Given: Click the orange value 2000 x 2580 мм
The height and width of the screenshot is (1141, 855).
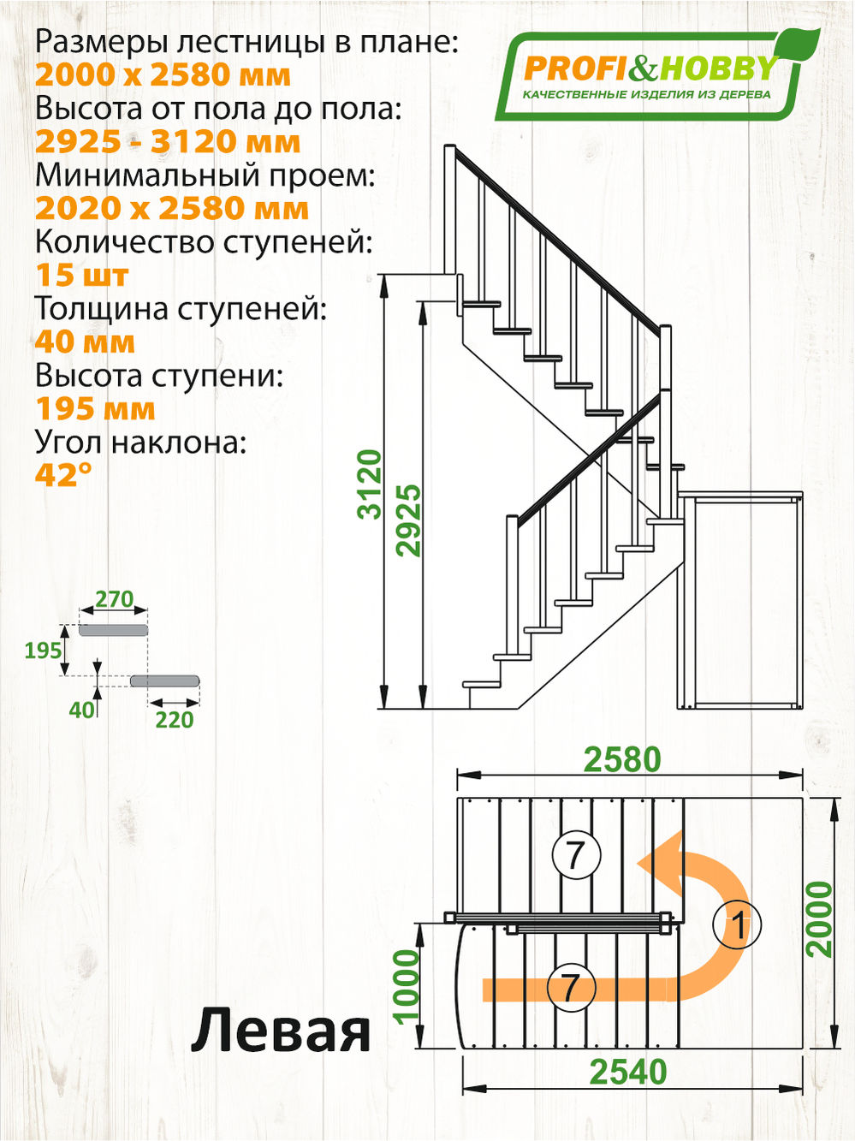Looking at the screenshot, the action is tap(163, 75).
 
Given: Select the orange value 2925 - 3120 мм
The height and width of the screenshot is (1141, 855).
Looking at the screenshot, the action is tap(168, 142).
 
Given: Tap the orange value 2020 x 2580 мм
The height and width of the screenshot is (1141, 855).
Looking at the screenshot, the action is tap(171, 209).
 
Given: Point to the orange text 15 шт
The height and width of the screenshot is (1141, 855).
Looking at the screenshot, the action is tap(81, 276).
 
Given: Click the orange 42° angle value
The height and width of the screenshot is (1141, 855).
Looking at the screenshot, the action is tap(63, 474).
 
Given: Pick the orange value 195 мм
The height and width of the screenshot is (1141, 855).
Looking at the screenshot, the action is tap(95, 409).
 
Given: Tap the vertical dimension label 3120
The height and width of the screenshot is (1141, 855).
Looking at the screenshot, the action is tap(370, 484).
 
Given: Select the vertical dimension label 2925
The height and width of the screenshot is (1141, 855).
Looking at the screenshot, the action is tap(409, 520).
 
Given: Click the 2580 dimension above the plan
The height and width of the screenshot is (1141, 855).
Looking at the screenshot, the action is tap(622, 759).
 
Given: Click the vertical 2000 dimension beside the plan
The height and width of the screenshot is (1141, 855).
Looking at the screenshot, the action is tap(820, 918).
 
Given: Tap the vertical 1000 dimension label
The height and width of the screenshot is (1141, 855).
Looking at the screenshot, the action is tap(407, 985).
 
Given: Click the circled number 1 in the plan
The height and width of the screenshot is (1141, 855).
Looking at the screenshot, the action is tap(737, 925).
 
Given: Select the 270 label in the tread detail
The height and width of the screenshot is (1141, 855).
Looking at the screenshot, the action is tap(114, 599).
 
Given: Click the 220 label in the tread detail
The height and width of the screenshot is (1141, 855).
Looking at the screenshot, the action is tap(174, 720).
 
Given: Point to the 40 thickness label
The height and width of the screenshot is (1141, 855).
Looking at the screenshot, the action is tap(81, 710).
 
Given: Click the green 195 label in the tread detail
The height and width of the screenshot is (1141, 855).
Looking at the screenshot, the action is tap(43, 651).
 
